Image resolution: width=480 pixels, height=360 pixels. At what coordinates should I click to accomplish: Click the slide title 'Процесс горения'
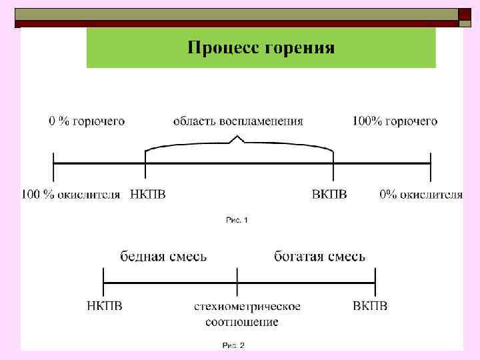tap(261, 48)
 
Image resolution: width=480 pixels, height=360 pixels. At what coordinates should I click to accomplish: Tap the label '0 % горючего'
tap(87, 121)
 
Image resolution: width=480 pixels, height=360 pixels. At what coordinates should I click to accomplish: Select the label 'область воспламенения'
tap(238, 121)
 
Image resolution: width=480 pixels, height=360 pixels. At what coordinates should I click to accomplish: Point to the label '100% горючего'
tap(395, 121)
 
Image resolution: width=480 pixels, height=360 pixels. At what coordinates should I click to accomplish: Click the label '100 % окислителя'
tap(71, 195)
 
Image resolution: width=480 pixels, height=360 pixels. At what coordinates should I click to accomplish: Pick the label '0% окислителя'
tap(421, 195)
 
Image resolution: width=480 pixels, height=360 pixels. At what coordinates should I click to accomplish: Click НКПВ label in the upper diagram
tap(147, 195)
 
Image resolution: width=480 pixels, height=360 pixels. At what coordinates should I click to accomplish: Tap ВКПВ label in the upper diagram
tap(329, 195)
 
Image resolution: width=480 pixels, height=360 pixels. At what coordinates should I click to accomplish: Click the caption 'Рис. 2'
tap(233, 345)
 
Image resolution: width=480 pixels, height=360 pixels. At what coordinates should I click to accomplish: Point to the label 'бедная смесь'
tap(163, 256)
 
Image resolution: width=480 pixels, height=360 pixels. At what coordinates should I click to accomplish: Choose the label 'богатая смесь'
tap(319, 256)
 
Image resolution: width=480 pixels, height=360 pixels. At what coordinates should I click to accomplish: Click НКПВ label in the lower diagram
tap(105, 306)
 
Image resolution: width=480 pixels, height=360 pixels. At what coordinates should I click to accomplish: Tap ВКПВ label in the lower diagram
tap(370, 306)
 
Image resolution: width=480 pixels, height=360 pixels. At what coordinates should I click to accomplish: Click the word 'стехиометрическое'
tap(247, 307)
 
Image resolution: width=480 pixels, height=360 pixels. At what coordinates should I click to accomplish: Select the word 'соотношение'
tap(241, 322)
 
